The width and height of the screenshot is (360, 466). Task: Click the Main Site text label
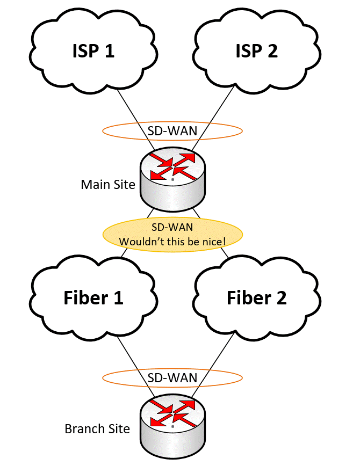pos(108,185)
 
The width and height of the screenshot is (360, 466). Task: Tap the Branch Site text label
pos(97,429)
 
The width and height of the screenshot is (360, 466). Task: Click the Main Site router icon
pos(172,180)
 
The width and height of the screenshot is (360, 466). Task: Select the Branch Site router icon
pos(172,424)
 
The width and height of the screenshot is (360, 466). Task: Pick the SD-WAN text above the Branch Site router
pos(172,378)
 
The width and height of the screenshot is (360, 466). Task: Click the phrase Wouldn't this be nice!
pos(172,242)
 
